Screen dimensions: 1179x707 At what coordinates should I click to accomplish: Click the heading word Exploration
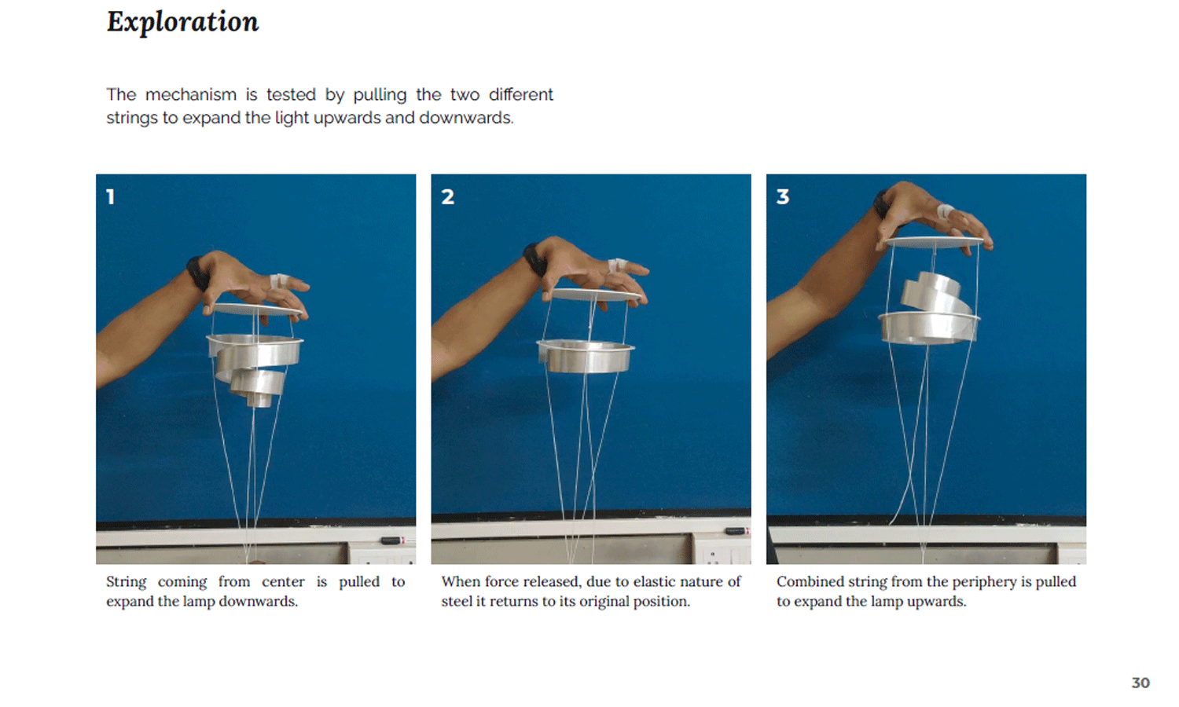tap(182, 22)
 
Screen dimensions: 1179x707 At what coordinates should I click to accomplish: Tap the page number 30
tap(1140, 683)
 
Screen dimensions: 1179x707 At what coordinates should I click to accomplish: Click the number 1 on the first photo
tap(110, 196)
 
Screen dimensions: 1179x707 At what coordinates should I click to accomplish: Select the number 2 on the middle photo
tap(447, 196)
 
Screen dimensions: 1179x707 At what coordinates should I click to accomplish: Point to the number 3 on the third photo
tap(783, 196)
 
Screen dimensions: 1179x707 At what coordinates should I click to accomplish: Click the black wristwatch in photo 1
tap(197, 273)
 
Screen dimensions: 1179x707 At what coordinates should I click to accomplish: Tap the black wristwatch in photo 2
tap(534, 258)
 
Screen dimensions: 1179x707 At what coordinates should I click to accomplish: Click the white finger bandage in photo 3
tap(946, 212)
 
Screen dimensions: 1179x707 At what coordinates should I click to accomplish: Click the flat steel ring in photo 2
tap(586, 356)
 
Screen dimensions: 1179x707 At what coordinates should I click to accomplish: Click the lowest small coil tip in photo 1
tap(259, 401)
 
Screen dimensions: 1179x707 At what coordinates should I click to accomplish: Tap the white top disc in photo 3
tap(935, 242)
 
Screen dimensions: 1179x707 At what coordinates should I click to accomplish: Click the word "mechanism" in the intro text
tap(190, 95)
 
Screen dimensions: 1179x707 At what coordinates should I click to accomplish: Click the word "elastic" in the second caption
tap(638, 582)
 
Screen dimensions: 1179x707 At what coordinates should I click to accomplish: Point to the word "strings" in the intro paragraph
tap(132, 119)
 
